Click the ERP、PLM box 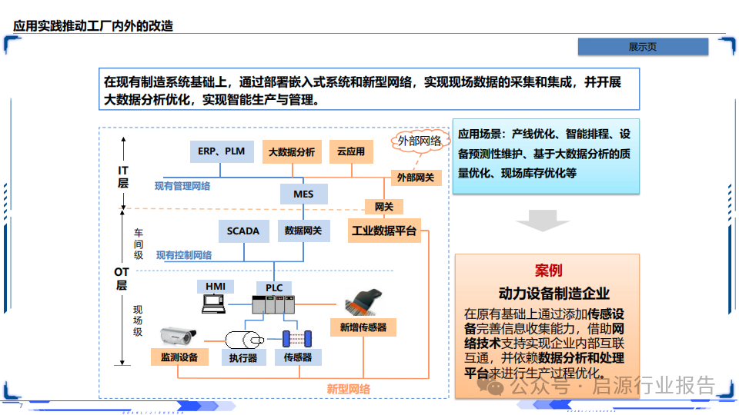click(221, 151)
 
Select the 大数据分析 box click(292, 152)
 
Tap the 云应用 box click(351, 152)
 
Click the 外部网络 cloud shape click(420, 141)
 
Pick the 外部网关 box click(416, 178)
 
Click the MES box click(303, 194)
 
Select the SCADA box click(243, 231)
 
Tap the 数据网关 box click(303, 231)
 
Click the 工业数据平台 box click(384, 231)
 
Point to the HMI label click(216, 287)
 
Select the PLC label click(274, 288)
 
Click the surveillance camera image click(178, 335)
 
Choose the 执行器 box click(242, 357)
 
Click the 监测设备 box click(179, 357)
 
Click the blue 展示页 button click(643, 47)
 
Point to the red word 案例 click(548, 271)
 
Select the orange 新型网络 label click(348, 389)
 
